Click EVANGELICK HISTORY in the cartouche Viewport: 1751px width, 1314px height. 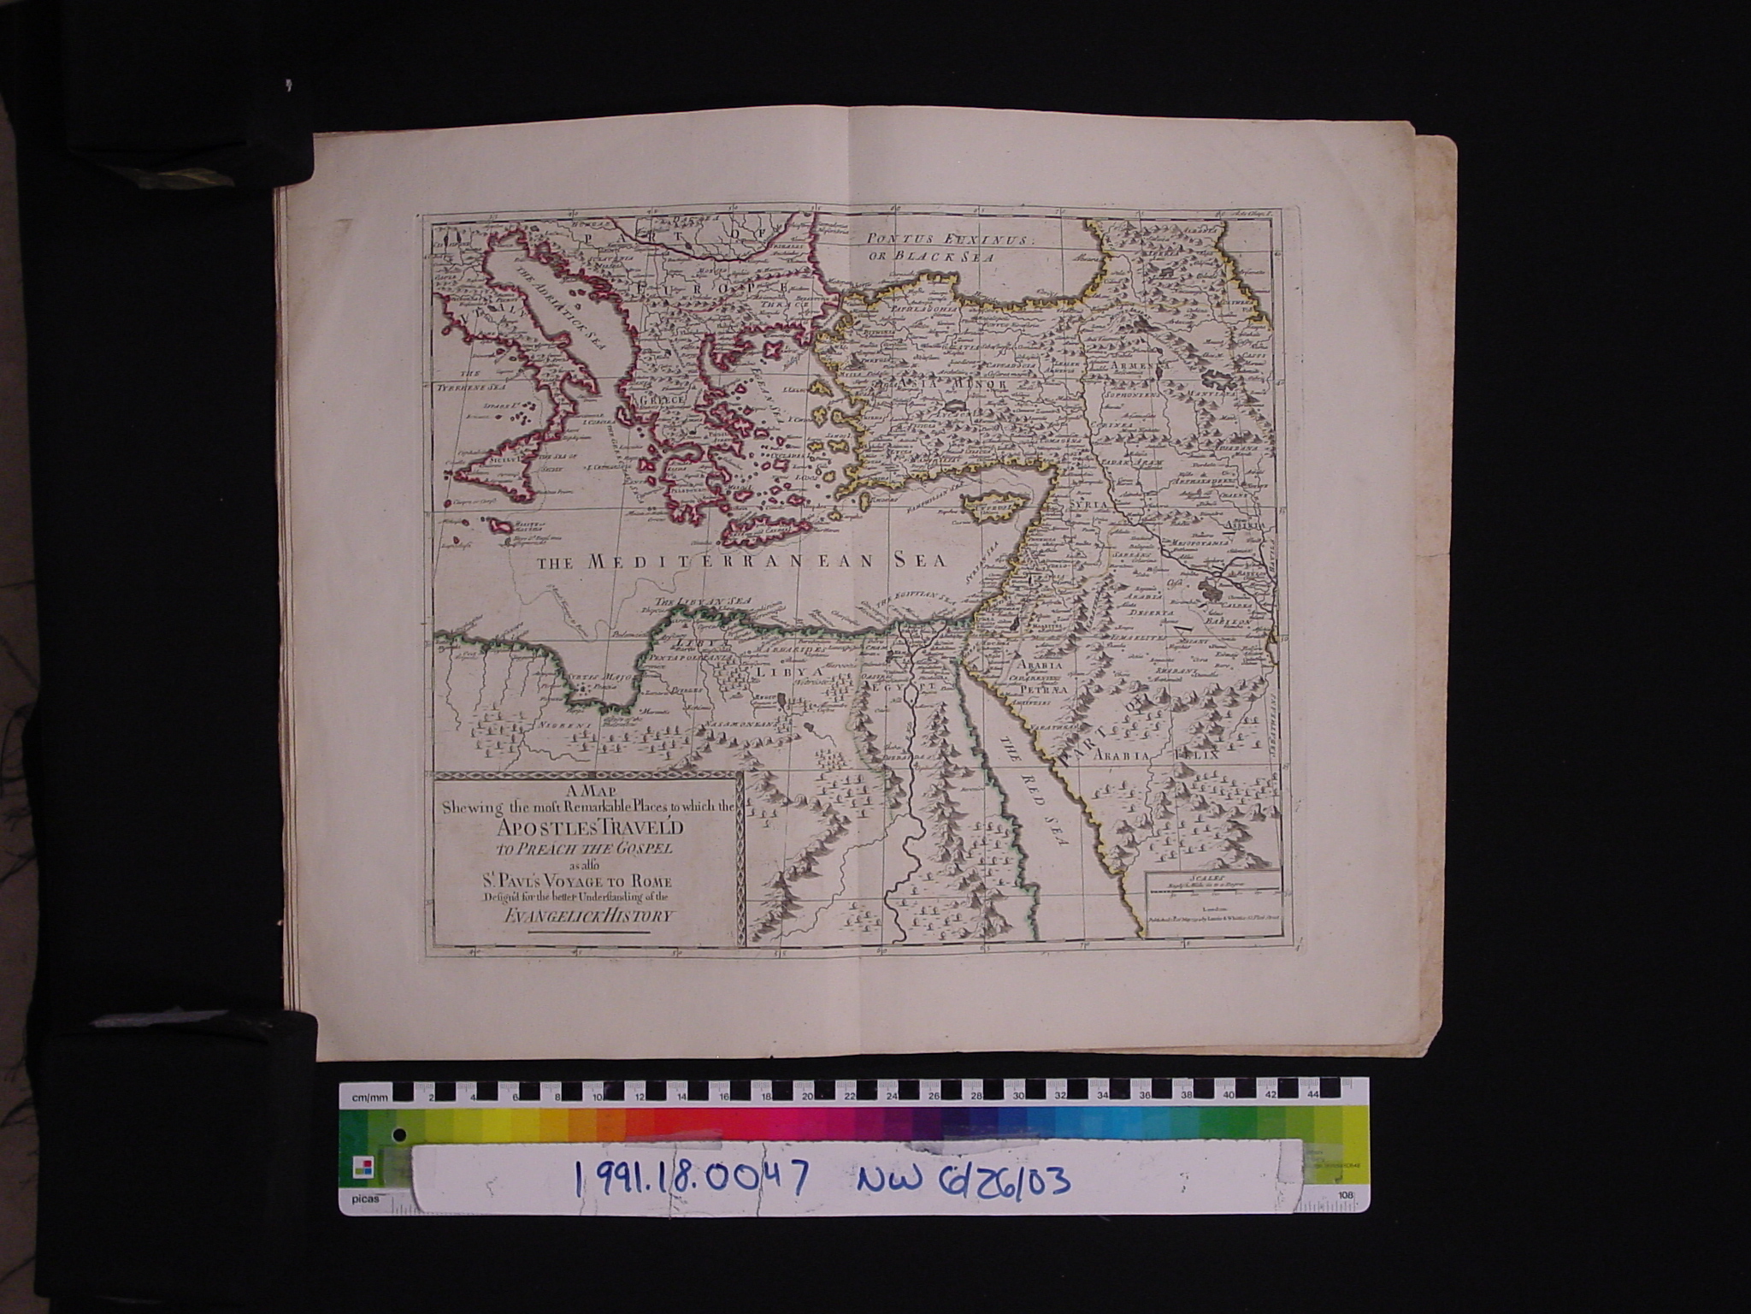click(589, 915)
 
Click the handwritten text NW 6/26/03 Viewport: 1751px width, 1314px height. click(962, 1181)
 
